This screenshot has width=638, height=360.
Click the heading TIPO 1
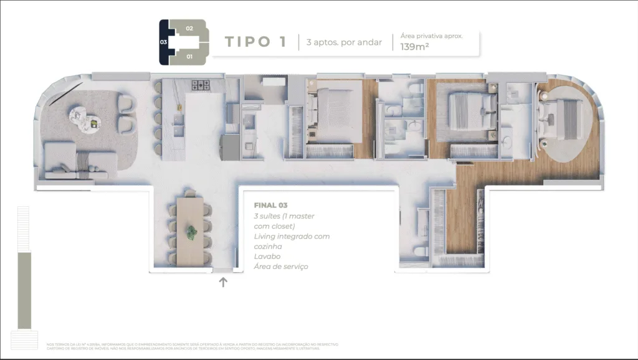coord(255,42)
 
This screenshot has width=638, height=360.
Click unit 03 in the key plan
coord(164,42)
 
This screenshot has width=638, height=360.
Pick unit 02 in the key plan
coord(189,29)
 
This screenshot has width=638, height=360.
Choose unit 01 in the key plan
coord(189,57)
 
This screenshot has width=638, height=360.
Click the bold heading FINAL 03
coord(270,205)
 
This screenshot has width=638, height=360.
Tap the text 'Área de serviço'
coord(280,267)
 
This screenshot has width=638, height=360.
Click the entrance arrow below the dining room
coord(223,282)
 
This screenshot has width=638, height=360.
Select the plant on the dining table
coord(192,233)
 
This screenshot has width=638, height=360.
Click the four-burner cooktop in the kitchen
coord(201,85)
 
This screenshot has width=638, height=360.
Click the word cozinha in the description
coord(269,247)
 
